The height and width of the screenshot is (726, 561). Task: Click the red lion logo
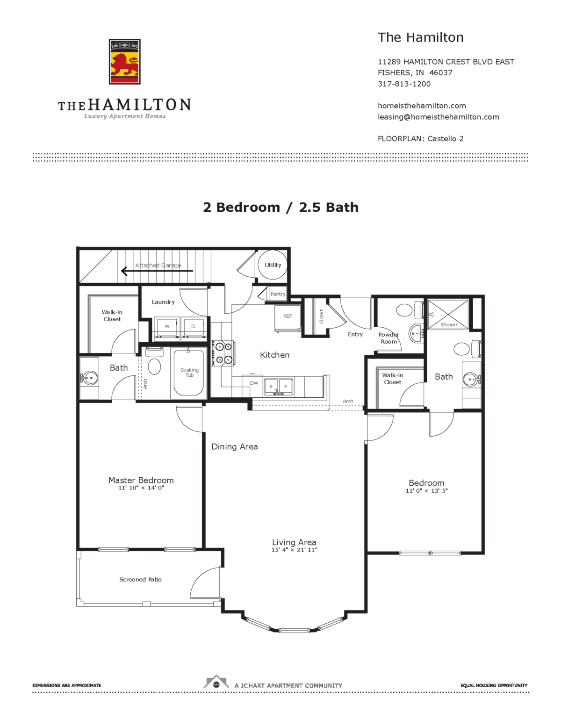pos(124,62)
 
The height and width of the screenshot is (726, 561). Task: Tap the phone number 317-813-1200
pos(404,84)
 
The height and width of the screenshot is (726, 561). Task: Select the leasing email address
pos(438,117)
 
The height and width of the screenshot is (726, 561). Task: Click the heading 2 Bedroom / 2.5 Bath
pos(280,207)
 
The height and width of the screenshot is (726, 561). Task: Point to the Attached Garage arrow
pos(157,271)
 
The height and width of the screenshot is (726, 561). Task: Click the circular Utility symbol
pos(273,265)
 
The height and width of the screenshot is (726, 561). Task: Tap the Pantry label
pos(278,294)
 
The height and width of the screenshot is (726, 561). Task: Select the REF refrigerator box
pos(287,317)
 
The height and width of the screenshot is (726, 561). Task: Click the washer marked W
pos(167,327)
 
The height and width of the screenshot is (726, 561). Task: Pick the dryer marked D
pos(193,327)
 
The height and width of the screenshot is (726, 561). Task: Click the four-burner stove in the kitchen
pos(223,353)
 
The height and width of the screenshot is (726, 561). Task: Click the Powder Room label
pos(388,338)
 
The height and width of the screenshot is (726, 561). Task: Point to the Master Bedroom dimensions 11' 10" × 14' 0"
pos(141,488)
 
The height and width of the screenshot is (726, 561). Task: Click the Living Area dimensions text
pos(294,550)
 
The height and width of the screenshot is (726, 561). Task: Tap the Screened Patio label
pos(140,580)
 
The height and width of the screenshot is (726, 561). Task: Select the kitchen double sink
pos(278,387)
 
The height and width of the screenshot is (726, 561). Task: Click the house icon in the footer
pos(216,683)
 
